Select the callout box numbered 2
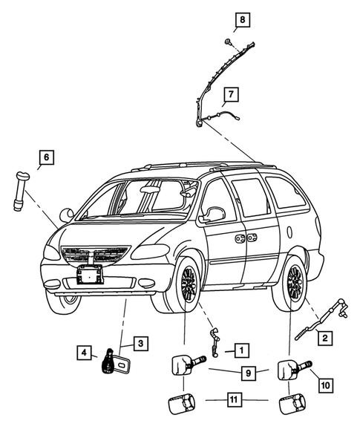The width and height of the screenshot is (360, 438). pyautogui.click(x=324, y=339)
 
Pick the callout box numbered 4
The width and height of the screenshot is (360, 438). pyautogui.click(x=85, y=351)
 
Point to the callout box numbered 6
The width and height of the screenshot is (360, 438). pyautogui.click(x=46, y=157)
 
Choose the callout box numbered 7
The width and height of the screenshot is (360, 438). pyautogui.click(x=232, y=94)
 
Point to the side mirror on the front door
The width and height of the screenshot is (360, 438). pyautogui.click(x=215, y=215)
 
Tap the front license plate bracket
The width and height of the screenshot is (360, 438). pyautogui.click(x=90, y=275)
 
